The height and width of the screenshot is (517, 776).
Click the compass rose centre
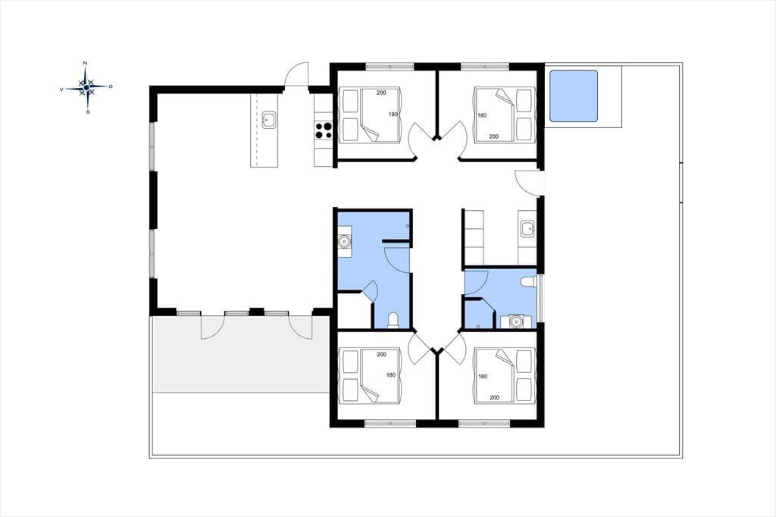click(x=86, y=87)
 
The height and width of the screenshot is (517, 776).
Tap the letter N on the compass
click(x=86, y=64)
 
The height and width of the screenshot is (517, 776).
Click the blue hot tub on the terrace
click(x=574, y=96)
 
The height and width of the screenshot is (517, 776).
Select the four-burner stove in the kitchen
click(x=324, y=130)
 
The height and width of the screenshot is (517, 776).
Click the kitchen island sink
click(x=269, y=121)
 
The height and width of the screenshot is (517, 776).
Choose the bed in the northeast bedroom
click(x=504, y=115)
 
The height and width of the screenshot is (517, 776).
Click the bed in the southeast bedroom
click(x=504, y=375)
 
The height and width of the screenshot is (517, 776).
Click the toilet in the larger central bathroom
click(x=393, y=321)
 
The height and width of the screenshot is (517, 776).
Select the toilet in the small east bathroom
click(x=528, y=282)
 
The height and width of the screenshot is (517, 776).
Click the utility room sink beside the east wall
click(x=527, y=229)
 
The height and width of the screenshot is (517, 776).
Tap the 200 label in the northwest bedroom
click(x=381, y=92)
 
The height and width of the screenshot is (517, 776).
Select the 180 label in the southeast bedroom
click(x=483, y=376)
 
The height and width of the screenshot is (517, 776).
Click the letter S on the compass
click(x=88, y=112)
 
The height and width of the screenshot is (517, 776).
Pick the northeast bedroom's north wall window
click(x=485, y=66)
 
